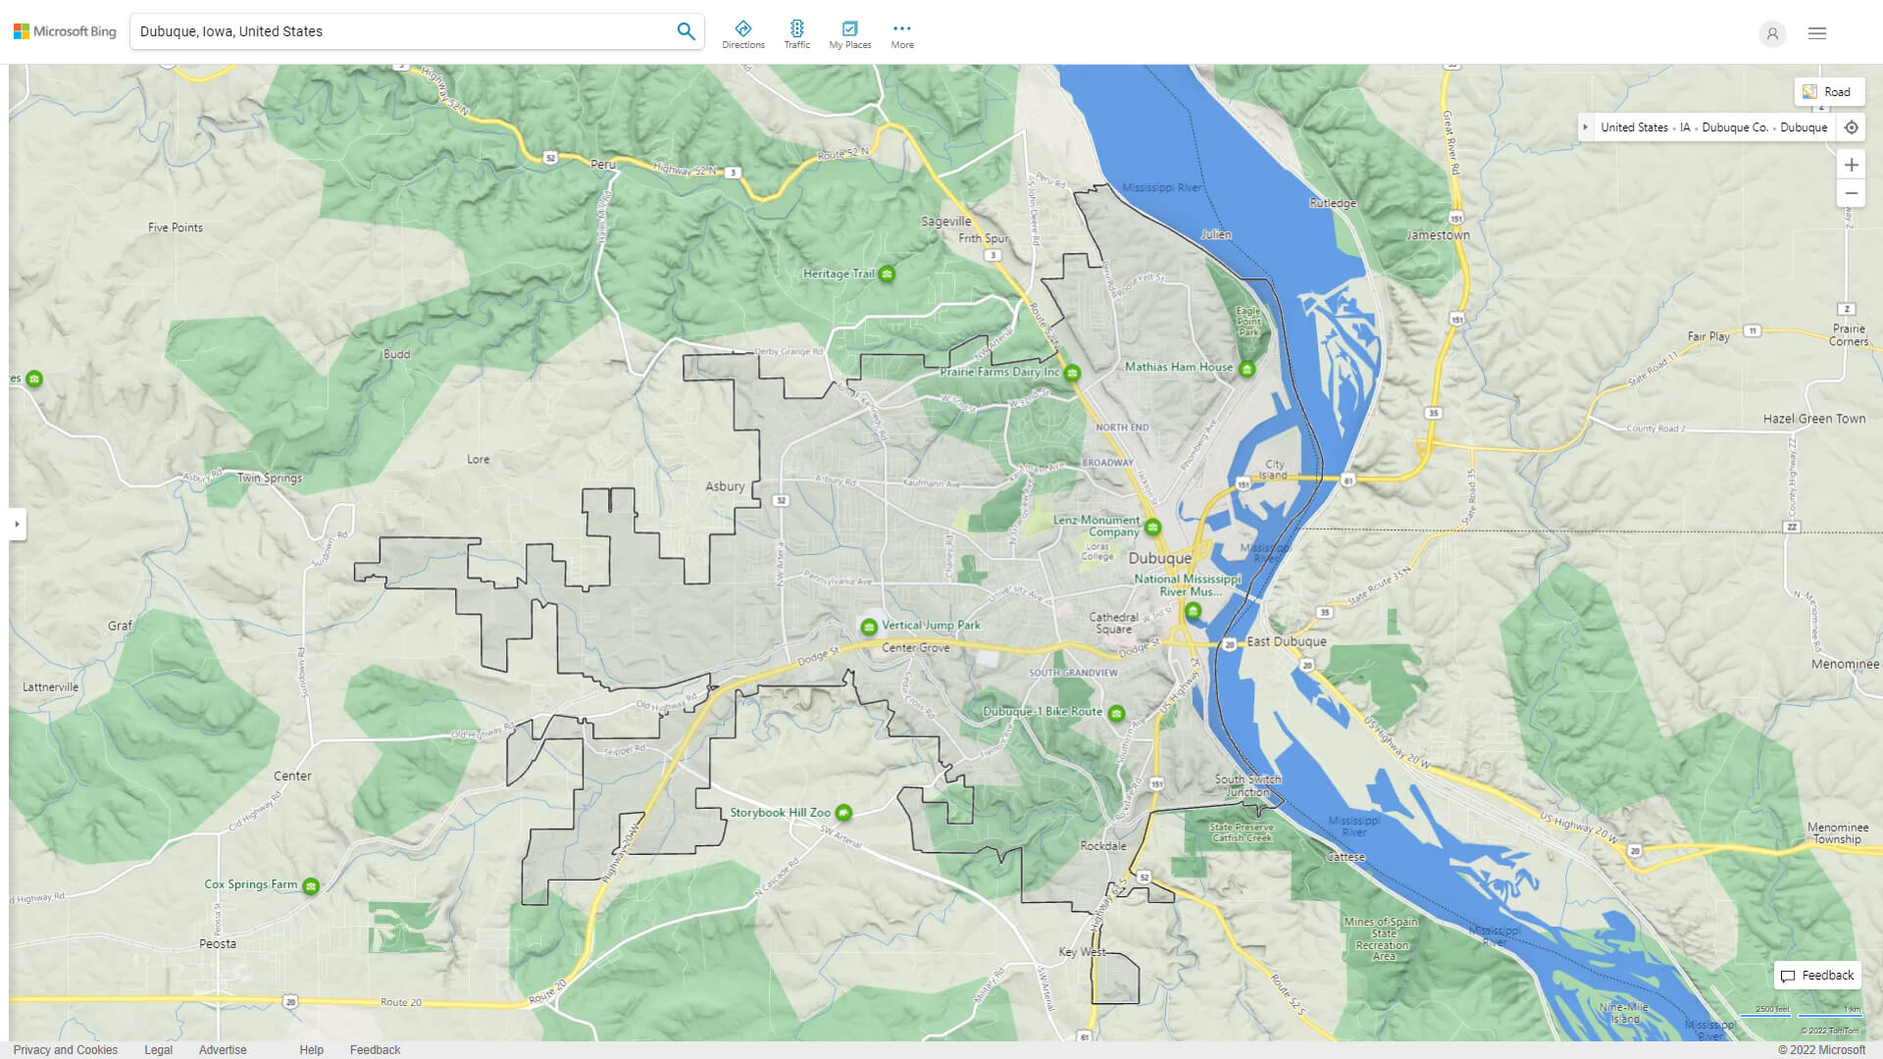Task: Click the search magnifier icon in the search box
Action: coord(686,31)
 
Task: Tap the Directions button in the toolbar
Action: coord(742,34)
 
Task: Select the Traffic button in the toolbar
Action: coord(796,34)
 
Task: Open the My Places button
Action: coord(849,34)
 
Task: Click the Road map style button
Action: coord(1828,92)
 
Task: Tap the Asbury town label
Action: coord(725,486)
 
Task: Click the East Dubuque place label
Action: coord(1286,641)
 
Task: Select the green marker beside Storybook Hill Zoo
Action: coord(843,813)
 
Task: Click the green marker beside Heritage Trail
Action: coord(887,274)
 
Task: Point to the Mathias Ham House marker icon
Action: coord(1247,369)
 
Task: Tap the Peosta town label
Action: coord(218,943)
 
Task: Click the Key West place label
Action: coord(1082,952)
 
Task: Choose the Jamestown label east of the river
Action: coord(1438,235)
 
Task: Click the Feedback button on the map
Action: coord(1817,975)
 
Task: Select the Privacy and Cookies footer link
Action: coord(66,1049)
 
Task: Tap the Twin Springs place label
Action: coord(270,479)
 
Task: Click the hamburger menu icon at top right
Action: coord(1816,33)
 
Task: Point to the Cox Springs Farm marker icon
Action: coord(311,886)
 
